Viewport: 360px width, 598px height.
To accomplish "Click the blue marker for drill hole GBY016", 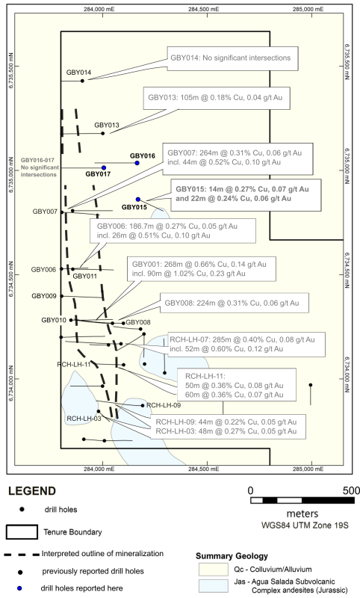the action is [137, 163].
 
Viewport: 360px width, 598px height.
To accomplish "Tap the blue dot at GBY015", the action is [138, 199].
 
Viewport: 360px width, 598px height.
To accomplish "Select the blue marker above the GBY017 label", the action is [104, 167].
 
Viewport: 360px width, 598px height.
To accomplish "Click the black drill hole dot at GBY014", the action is [82, 81].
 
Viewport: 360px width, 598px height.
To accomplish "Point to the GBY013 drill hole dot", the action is [103, 134].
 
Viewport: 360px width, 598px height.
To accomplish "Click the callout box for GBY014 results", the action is [232, 58].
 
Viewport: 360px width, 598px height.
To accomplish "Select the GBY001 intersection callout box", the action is [202, 269].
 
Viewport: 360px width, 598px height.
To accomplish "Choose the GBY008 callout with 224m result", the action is [235, 303].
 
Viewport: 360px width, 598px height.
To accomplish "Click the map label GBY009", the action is [44, 296].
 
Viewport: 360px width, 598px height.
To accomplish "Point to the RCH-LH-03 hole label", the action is [84, 419].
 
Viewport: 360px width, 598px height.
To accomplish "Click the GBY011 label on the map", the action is [84, 276].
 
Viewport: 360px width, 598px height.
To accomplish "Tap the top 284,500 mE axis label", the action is [204, 9].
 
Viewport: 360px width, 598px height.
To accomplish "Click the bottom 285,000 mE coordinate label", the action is [308, 469].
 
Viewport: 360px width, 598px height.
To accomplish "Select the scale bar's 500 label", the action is [351, 490].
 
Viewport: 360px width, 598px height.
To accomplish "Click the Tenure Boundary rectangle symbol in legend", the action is [22, 532].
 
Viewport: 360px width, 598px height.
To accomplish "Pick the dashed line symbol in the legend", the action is [22, 554].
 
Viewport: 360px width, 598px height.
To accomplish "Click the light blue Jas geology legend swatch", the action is [213, 586].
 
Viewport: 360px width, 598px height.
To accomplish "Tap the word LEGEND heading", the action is [32, 491].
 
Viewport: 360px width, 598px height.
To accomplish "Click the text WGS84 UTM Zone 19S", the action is [305, 525].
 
